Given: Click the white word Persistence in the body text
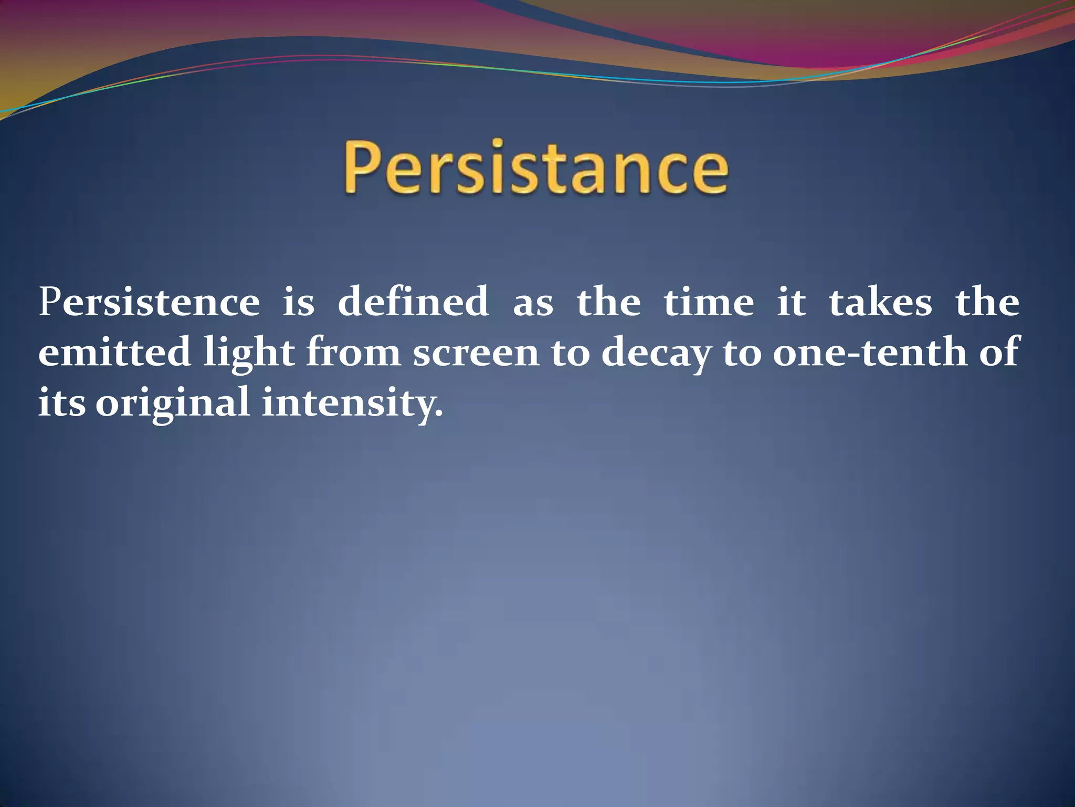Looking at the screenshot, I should [149, 303].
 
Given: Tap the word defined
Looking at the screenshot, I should [413, 303].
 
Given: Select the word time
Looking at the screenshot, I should [709, 303].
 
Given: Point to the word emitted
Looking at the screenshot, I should [114, 353].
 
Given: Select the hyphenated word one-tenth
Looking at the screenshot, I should [869, 353].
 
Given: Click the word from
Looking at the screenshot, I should [353, 353].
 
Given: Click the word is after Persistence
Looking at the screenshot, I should [298, 303].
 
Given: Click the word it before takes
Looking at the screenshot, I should [791, 303].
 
